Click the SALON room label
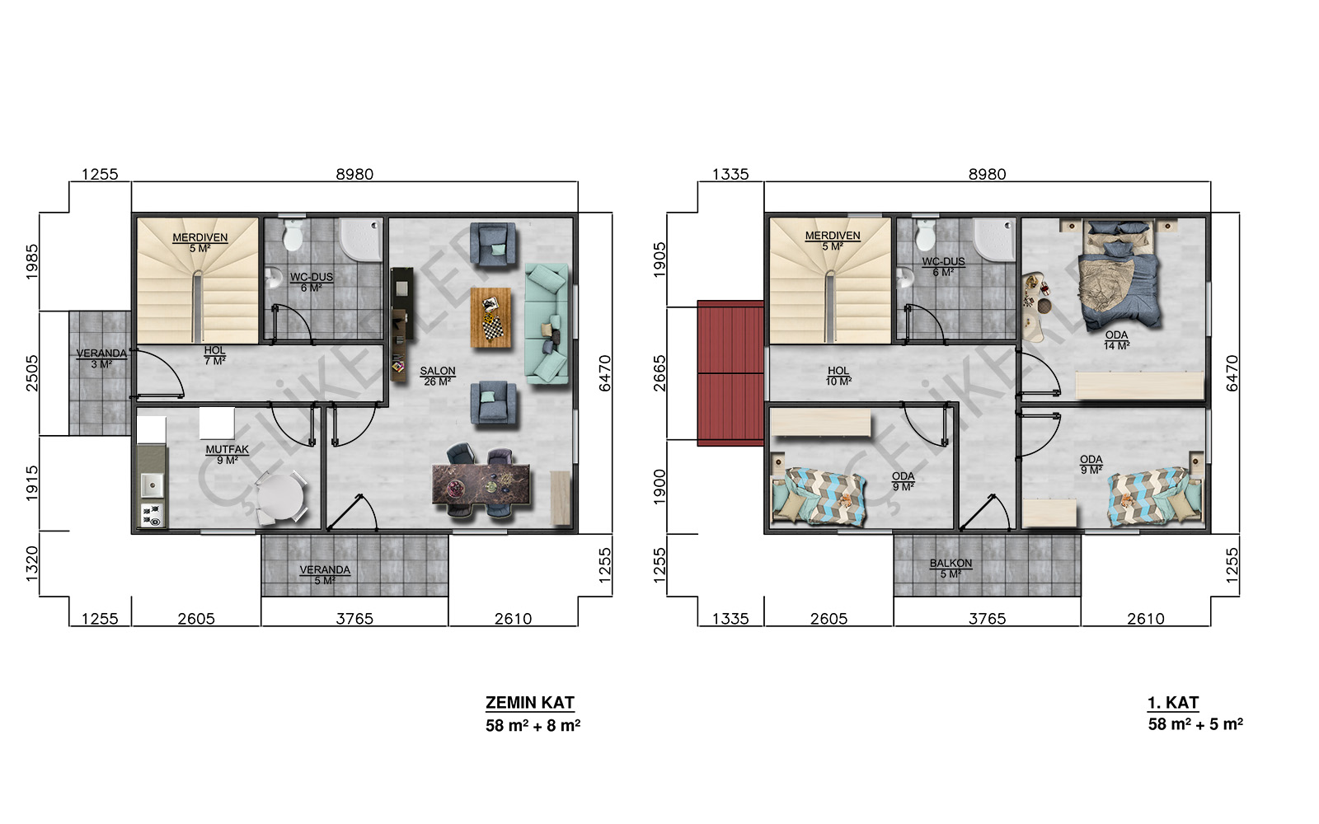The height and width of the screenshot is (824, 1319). tap(438, 372)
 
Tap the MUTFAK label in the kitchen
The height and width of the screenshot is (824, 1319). tap(228, 450)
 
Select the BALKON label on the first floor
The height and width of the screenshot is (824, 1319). tap(951, 564)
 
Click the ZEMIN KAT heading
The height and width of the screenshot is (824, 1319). tap(530, 703)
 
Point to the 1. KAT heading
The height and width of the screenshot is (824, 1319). tap(1173, 703)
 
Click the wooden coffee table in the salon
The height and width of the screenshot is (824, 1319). tap(491, 317)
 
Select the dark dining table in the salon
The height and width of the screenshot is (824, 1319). tap(481, 484)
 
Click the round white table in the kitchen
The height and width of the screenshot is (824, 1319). tap(280, 499)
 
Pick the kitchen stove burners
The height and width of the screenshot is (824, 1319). tap(152, 515)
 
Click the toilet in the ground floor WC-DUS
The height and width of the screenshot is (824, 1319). tap(293, 236)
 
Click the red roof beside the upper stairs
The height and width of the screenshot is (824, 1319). tap(730, 373)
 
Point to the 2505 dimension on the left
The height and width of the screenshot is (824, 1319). tap(32, 372)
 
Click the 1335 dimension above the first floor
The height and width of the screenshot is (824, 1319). tap(730, 174)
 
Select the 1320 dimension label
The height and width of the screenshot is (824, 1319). tap(32, 564)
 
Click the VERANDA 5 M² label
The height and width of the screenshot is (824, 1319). tap(325, 575)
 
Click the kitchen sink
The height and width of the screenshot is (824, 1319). tap(152, 485)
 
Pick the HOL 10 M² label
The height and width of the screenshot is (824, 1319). tap(838, 376)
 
